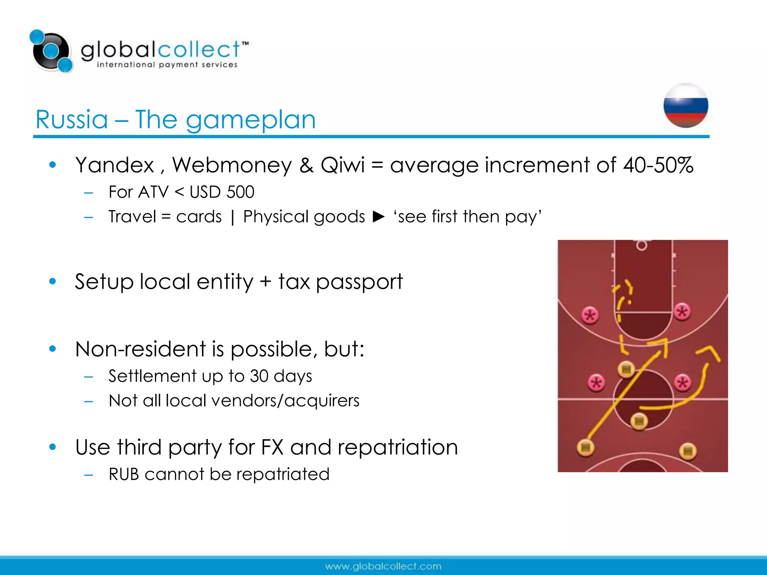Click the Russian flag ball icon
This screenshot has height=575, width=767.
pyautogui.click(x=686, y=106)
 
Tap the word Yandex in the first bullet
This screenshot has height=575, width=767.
pyautogui.click(x=115, y=165)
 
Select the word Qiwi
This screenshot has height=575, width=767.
pyautogui.click(x=342, y=165)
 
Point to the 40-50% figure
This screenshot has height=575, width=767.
pyautogui.click(x=658, y=165)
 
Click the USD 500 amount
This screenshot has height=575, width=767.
pyautogui.click(x=222, y=192)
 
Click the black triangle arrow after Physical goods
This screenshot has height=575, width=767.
pyautogui.click(x=379, y=217)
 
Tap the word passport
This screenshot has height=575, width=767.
pyautogui.click(x=359, y=282)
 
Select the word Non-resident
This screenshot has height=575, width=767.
pyautogui.click(x=140, y=349)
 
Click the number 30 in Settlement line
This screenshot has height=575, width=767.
pyautogui.click(x=259, y=376)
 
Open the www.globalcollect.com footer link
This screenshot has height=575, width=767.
pyautogui.click(x=383, y=566)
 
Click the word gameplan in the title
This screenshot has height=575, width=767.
pyautogui.click(x=251, y=120)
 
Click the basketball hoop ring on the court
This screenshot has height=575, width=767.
pyautogui.click(x=642, y=246)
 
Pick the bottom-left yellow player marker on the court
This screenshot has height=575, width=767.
pyautogui.click(x=586, y=447)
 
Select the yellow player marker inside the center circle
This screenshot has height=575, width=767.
pyautogui.click(x=639, y=421)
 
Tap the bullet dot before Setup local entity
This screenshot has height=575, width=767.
pyautogui.click(x=52, y=281)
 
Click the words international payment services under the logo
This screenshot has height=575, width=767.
pyautogui.click(x=167, y=65)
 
